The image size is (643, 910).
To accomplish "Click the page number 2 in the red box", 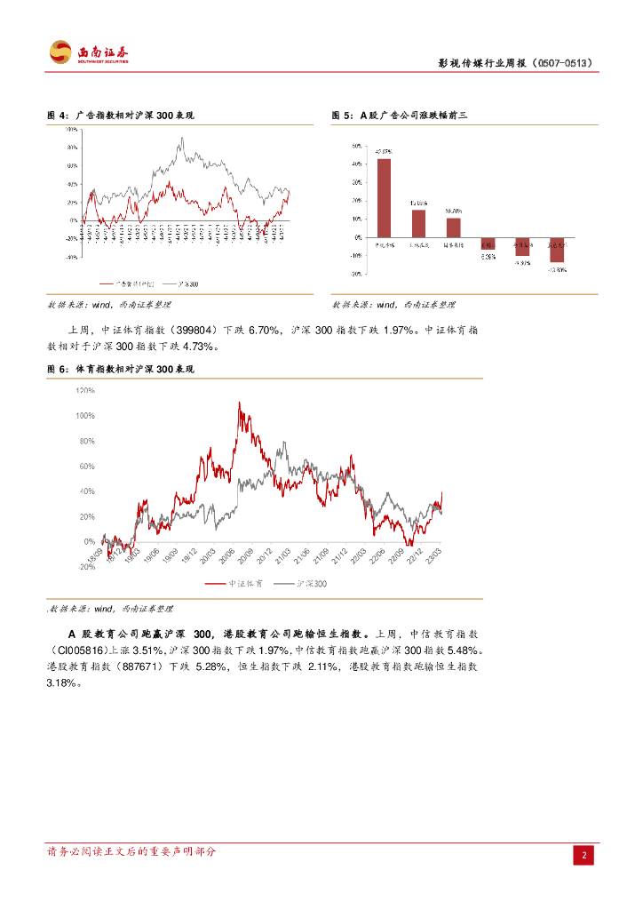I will point(584,856).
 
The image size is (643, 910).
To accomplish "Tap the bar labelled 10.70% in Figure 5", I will point(453,227).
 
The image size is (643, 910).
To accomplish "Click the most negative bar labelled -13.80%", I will point(557,250).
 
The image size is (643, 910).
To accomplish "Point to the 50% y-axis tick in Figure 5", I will point(355,146).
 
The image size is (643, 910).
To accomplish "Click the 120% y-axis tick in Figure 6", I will point(85,390).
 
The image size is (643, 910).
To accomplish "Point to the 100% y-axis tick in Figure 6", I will point(85,416).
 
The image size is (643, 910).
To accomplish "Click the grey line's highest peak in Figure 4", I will point(182,138).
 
